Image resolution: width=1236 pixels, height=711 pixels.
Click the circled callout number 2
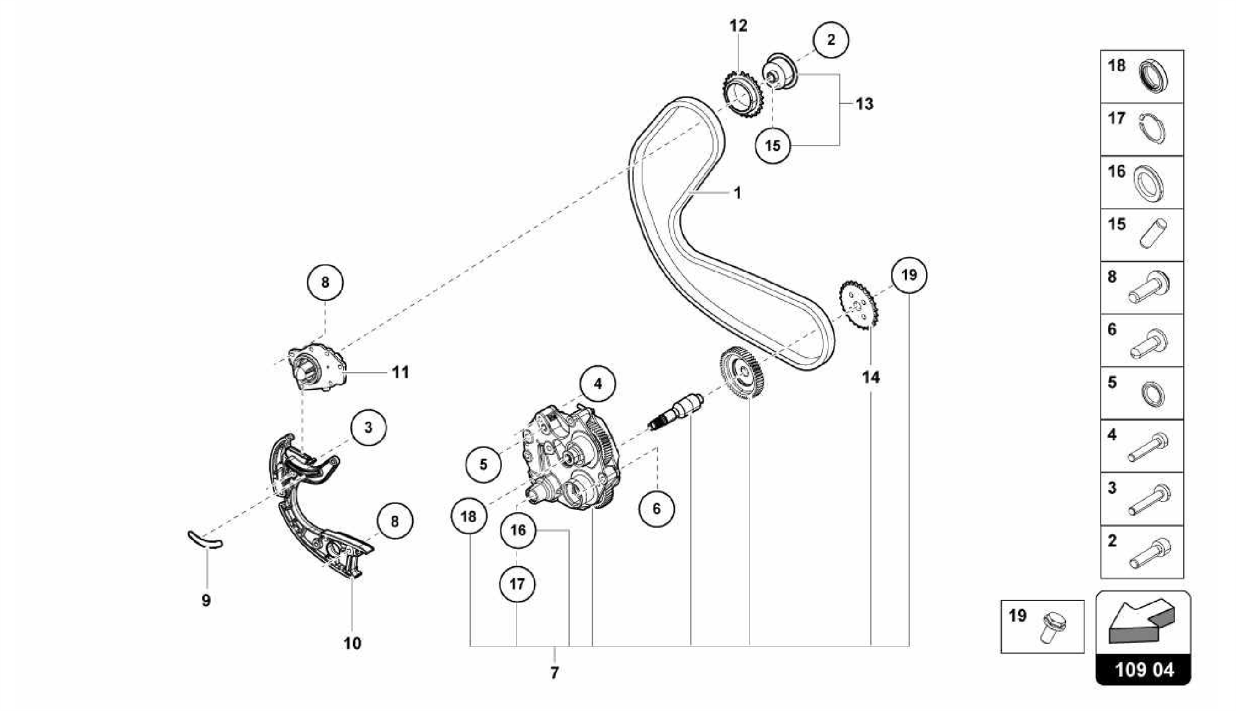pyautogui.click(x=831, y=40)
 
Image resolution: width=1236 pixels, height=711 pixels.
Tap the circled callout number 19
pyautogui.click(x=909, y=275)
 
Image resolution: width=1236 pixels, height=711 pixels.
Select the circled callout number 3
pyautogui.click(x=368, y=427)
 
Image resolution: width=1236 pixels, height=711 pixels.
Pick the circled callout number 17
pyautogui.click(x=517, y=584)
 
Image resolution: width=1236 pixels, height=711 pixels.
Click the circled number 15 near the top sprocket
pyautogui.click(x=772, y=145)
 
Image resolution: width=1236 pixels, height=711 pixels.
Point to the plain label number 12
pyautogui.click(x=738, y=26)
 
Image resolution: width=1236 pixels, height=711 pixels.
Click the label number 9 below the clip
pyautogui.click(x=206, y=601)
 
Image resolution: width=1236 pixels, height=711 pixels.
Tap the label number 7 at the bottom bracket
pyautogui.click(x=555, y=672)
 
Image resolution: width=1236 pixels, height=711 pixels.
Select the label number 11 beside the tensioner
pyautogui.click(x=401, y=372)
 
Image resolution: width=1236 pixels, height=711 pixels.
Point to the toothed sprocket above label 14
pyautogui.click(x=858, y=305)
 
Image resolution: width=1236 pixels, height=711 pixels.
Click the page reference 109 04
pyautogui.click(x=1144, y=670)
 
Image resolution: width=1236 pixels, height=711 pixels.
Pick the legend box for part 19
pyautogui.click(x=1042, y=627)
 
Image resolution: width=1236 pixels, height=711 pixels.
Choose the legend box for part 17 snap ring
pyautogui.click(x=1142, y=129)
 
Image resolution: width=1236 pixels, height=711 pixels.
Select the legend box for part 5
pyautogui.click(x=1142, y=393)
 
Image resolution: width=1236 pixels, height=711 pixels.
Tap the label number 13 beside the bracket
pyautogui.click(x=864, y=104)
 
